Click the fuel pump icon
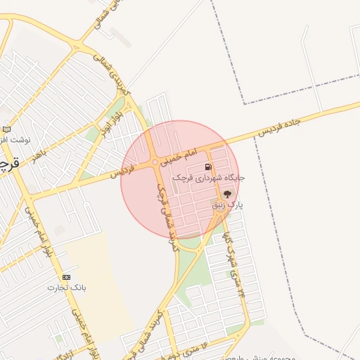[207, 167]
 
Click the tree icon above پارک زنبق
[227, 194]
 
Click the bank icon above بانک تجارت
[67, 277]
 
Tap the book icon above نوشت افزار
[7, 129]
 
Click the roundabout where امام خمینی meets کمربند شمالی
[155, 163]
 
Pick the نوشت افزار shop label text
[15, 140]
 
